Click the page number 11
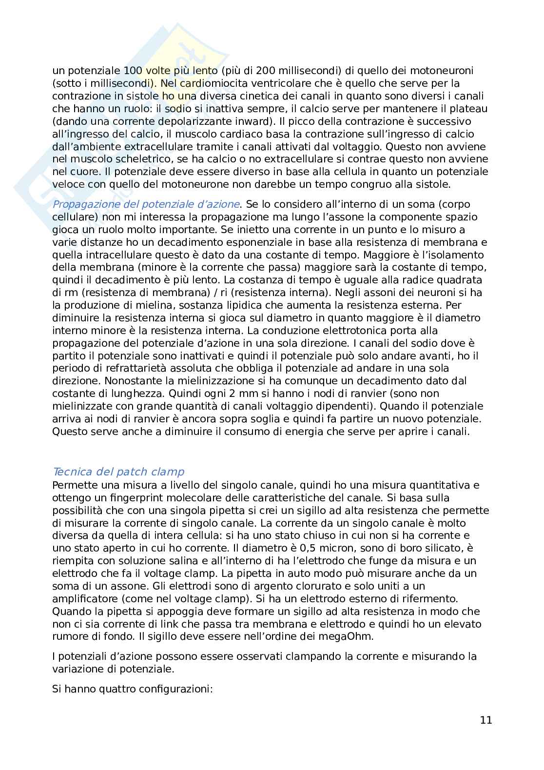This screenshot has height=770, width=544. point(486,720)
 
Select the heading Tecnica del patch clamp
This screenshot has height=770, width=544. point(118,472)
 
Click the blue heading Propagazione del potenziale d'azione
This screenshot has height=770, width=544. point(146,204)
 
